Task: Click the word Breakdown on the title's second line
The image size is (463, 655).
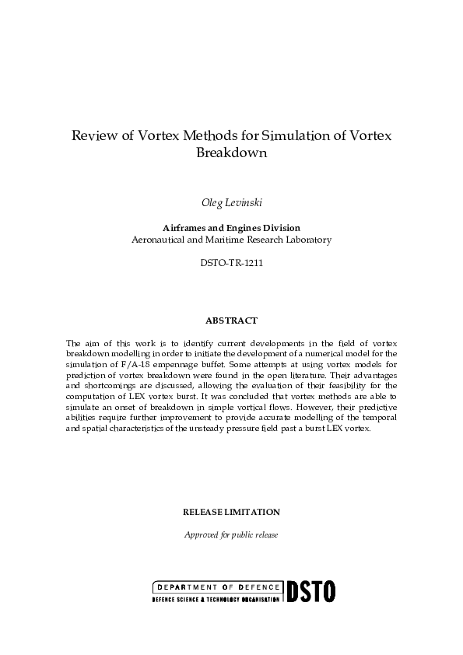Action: (231, 152)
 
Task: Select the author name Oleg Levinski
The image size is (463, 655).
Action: (231, 204)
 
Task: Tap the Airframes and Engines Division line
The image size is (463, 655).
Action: (231, 227)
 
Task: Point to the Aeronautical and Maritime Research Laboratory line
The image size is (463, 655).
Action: (231, 240)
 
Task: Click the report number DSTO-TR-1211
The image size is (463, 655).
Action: (231, 263)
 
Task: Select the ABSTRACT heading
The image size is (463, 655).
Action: (231, 320)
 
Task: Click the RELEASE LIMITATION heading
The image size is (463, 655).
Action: (231, 513)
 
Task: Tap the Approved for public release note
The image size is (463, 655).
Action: (231, 534)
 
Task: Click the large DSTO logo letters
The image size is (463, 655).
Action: (311, 593)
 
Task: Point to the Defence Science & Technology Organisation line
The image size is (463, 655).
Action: (216, 601)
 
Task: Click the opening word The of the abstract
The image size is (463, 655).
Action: (74, 343)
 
